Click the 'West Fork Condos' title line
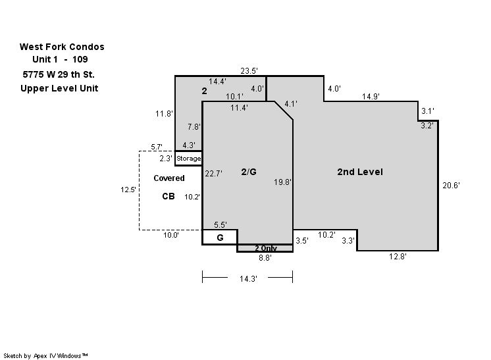pos(62,47)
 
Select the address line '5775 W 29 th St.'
pos(59,74)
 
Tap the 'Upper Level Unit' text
pos(59,89)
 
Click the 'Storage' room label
pos(188,159)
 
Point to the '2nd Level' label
pos(360,172)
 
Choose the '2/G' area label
pos(249,172)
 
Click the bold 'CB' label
pos(168,196)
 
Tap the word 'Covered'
pos(169,178)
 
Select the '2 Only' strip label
pos(265,248)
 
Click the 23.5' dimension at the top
pos(249,71)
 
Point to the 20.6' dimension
pos(451,186)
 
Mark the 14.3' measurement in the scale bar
pos(248,278)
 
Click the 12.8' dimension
pos(398,257)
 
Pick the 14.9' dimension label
pos(371,97)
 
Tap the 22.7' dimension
pos(213,174)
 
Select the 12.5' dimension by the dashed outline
pos(128,190)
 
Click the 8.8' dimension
pos(265,258)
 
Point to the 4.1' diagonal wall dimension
pos(291,103)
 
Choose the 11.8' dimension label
pos(164,114)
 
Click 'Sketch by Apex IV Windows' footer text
pos(45,356)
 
